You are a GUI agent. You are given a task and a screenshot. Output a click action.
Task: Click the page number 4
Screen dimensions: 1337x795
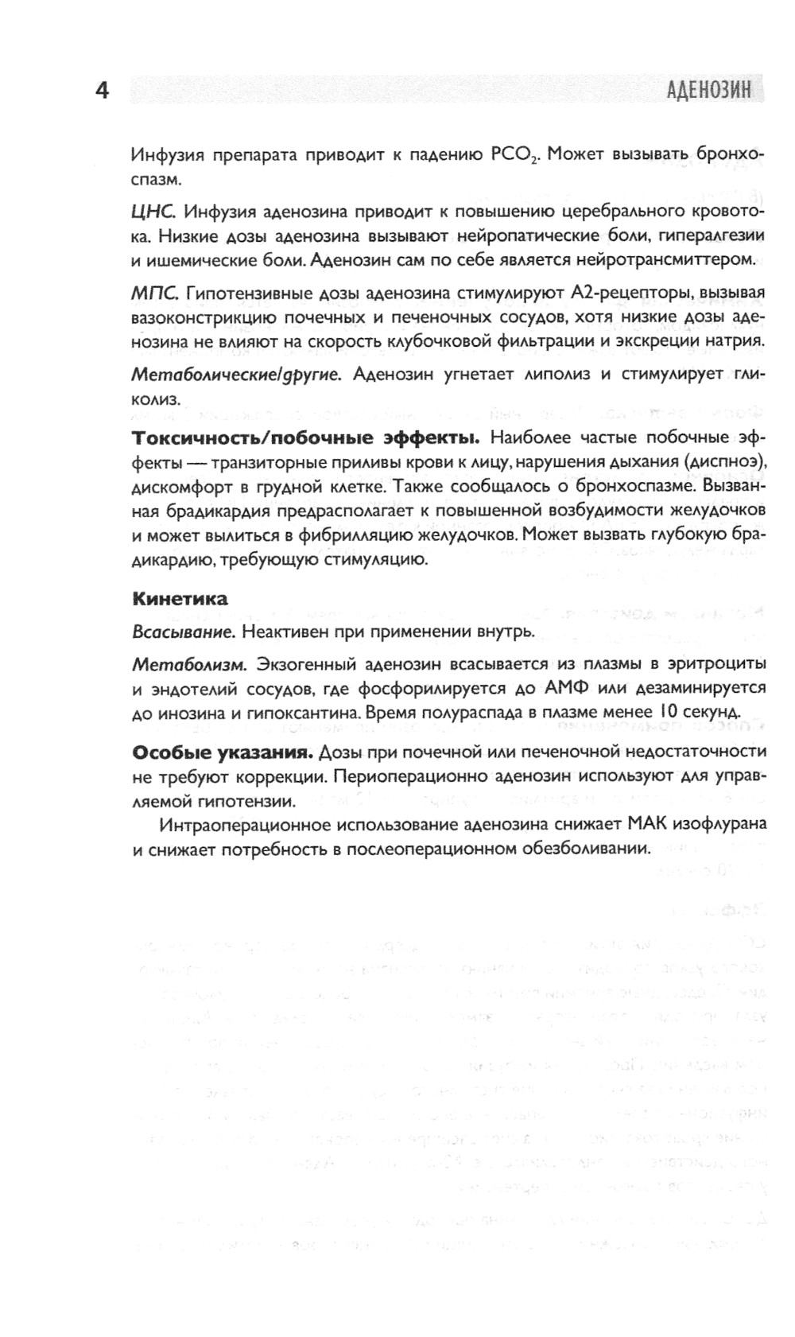[x=102, y=91]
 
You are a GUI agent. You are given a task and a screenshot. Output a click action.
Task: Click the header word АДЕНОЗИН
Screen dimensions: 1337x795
[x=708, y=90]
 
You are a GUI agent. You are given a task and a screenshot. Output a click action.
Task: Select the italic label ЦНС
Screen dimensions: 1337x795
[x=152, y=212]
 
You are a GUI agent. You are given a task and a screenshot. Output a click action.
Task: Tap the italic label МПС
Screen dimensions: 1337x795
[x=154, y=293]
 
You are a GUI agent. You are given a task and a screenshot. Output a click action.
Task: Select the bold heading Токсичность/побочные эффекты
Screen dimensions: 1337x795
[x=305, y=437]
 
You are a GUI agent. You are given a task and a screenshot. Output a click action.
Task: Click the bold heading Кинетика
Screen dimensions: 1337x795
[x=180, y=598]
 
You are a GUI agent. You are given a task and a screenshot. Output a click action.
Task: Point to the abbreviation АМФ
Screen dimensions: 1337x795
[x=567, y=687]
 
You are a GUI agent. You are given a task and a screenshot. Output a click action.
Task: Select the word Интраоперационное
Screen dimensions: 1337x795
[x=227, y=824]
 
